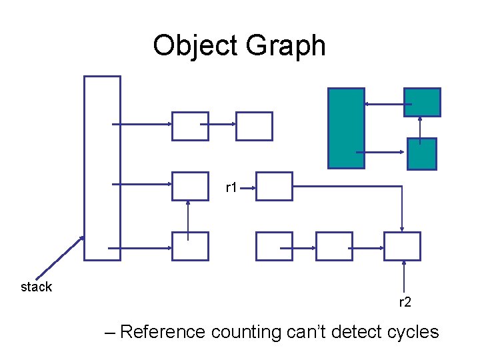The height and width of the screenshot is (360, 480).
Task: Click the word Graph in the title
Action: point(285,47)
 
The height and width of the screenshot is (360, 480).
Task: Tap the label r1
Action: point(232,188)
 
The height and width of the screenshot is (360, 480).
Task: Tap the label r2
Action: point(405,302)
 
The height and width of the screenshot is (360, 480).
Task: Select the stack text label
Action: point(36,287)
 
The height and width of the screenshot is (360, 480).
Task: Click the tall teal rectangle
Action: point(346,128)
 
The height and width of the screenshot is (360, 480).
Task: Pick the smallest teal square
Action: point(421,153)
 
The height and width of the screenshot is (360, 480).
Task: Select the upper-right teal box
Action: point(422,102)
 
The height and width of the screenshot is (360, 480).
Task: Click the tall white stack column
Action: point(102,167)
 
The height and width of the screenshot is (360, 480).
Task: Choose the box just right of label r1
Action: point(274,186)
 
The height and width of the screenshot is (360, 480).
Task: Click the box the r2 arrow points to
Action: point(403,246)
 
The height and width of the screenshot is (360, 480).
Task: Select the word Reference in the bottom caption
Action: point(163,331)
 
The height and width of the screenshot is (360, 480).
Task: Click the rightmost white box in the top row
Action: point(254,126)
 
